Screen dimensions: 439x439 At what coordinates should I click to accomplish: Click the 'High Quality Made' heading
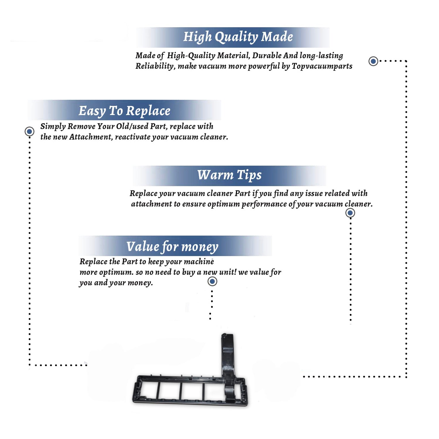coord(238,37)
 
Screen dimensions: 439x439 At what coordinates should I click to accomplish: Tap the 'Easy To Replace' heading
coord(124,111)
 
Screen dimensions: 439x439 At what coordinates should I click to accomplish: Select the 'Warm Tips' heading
coord(229,175)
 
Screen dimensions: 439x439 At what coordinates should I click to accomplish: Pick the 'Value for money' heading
coord(172,246)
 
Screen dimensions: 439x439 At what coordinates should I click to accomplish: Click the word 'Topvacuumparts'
coord(322,66)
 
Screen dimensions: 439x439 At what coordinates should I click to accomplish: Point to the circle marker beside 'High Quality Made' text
coord(373,61)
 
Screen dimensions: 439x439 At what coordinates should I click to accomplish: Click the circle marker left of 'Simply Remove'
coord(29,131)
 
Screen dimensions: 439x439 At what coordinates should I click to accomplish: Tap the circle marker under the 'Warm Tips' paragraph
coord(350,213)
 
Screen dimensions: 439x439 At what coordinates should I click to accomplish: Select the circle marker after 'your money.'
coord(212,282)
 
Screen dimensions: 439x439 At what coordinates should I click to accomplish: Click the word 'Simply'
coord(53,127)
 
